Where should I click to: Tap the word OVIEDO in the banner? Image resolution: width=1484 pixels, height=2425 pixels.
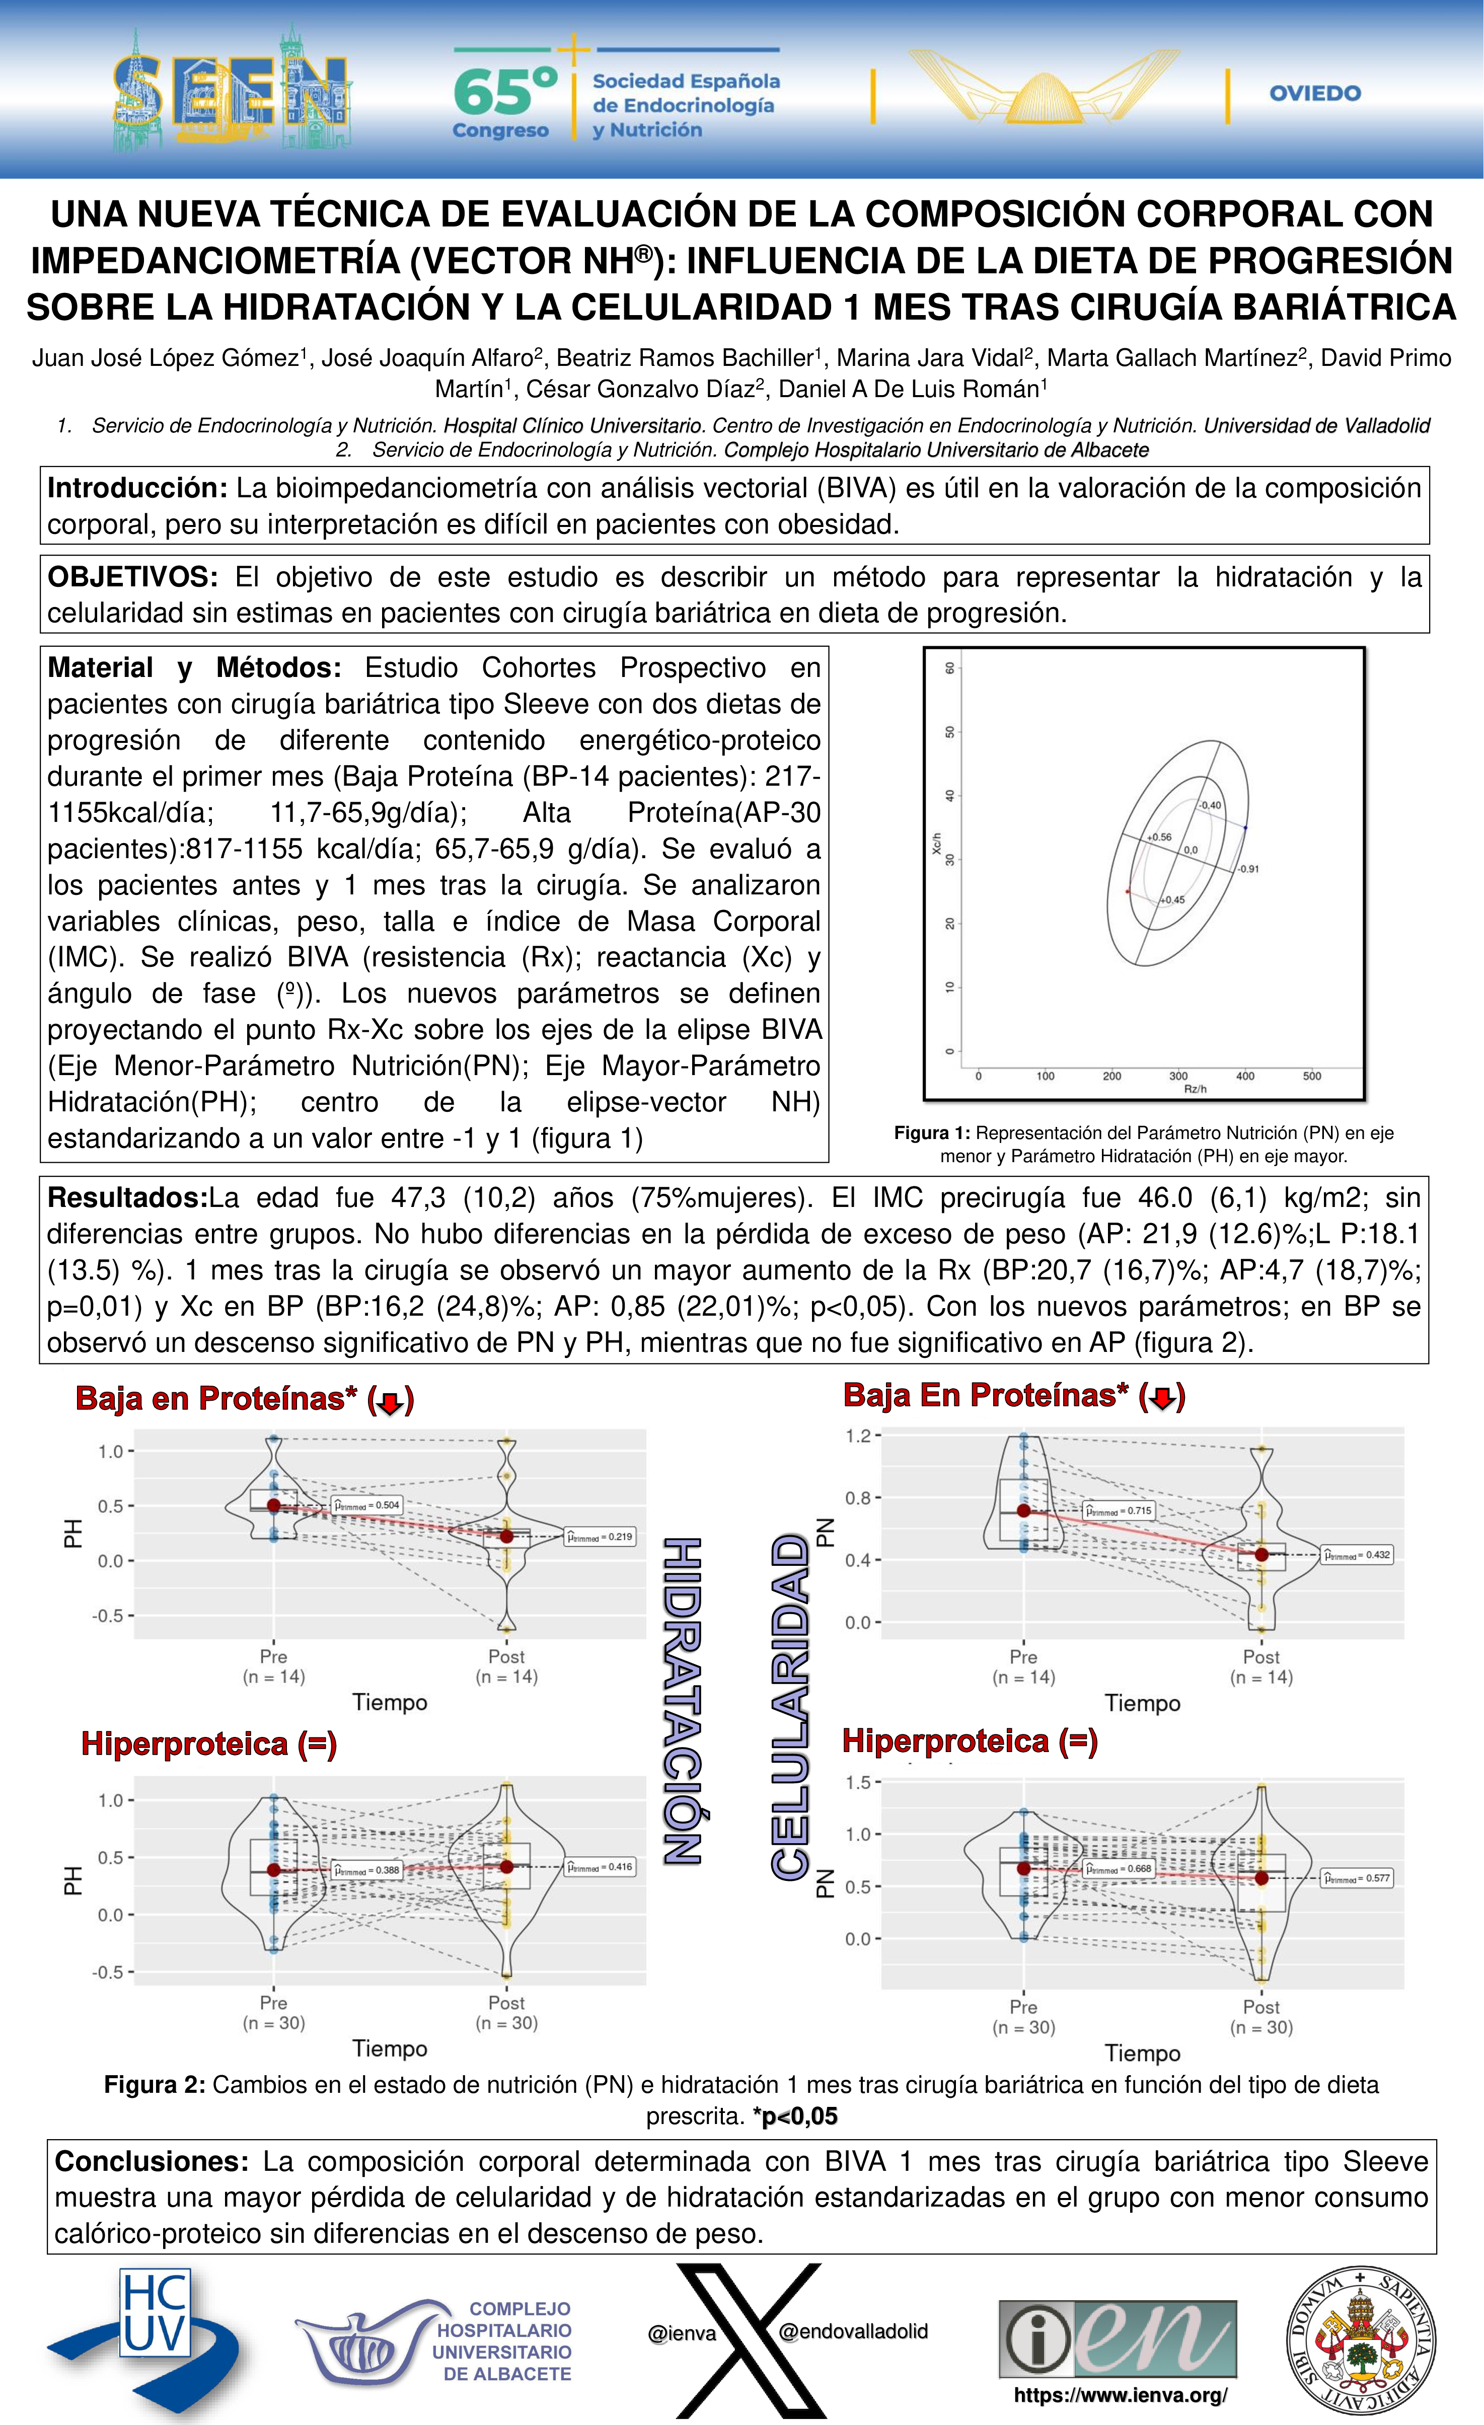[1315, 94]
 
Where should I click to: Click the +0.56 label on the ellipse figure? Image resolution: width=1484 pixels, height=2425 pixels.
[1159, 838]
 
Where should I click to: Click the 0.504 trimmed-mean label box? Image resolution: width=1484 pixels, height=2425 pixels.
[366, 1505]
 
